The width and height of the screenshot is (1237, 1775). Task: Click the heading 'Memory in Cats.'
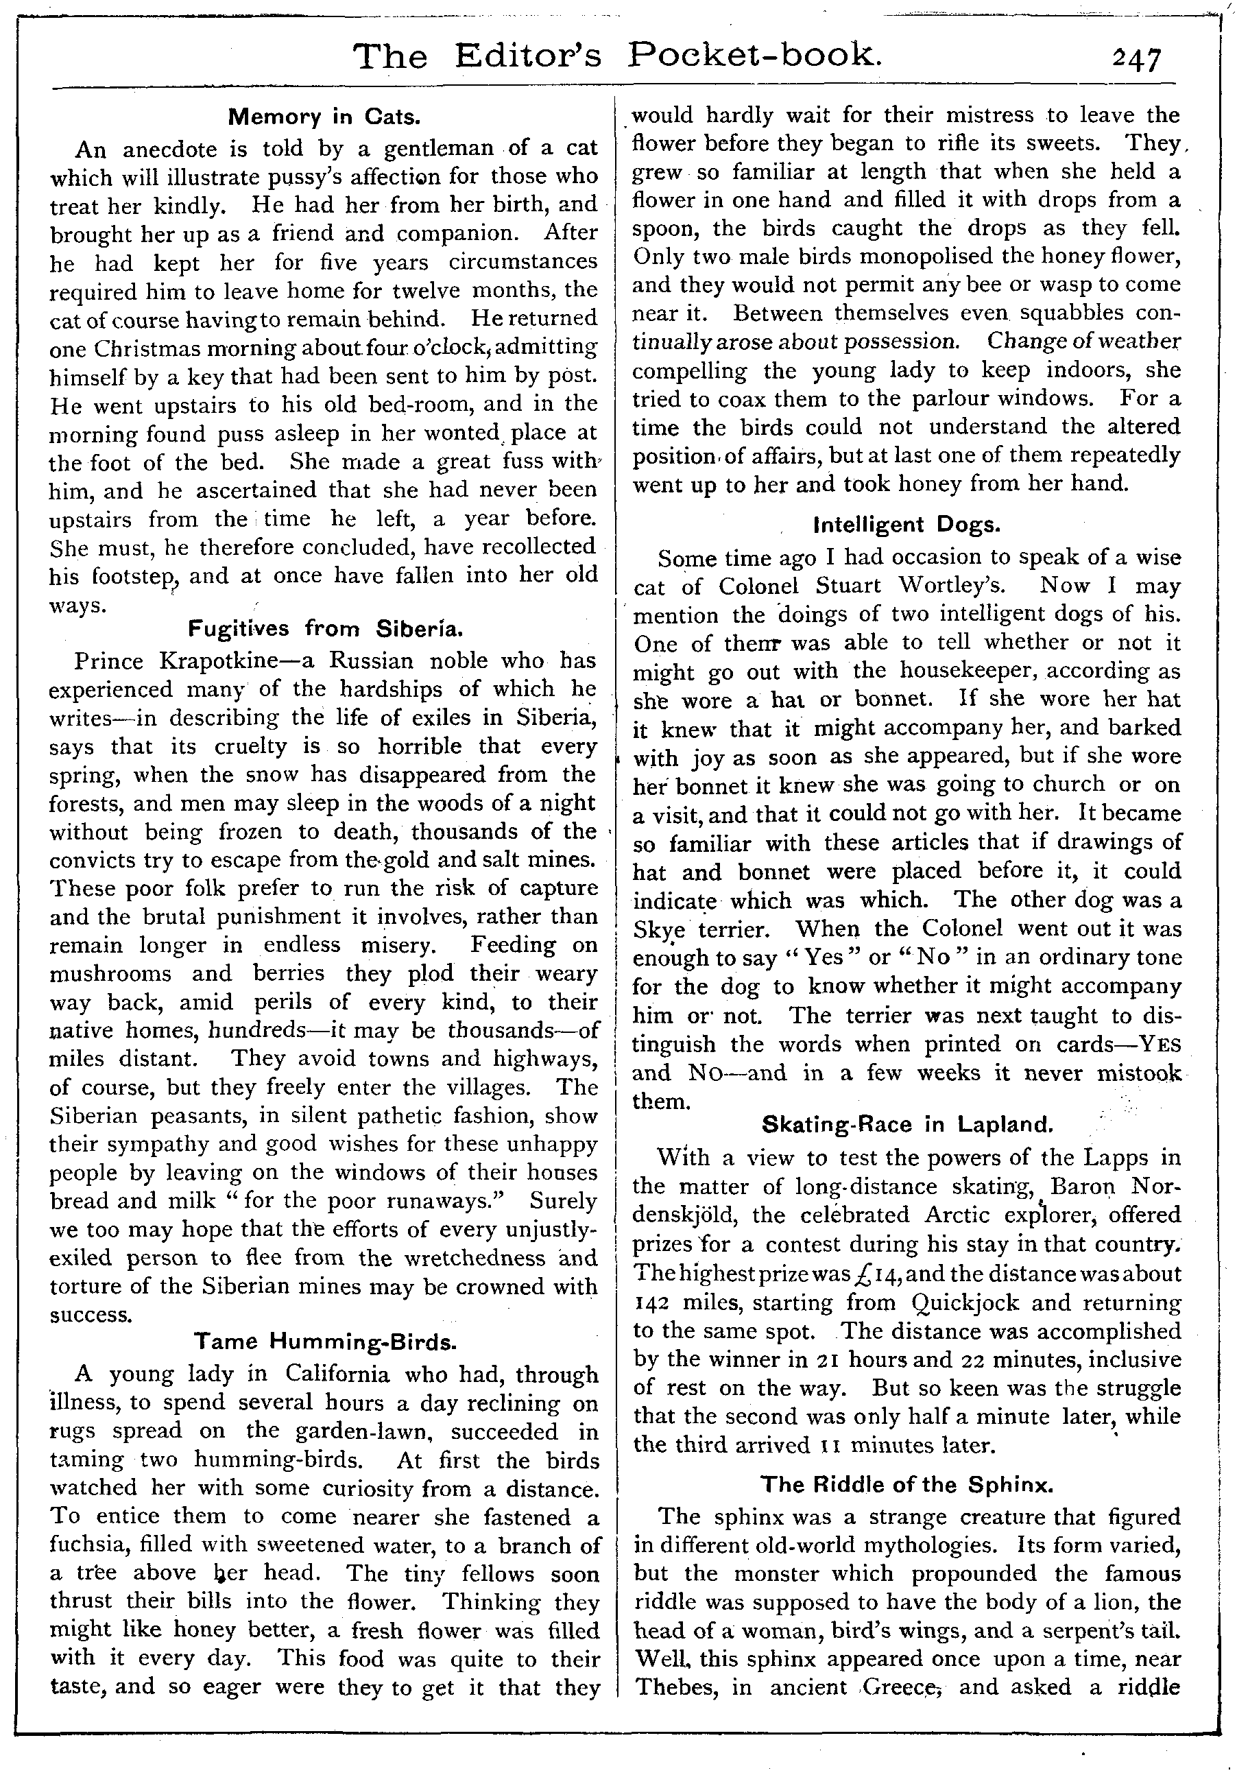pos(324,117)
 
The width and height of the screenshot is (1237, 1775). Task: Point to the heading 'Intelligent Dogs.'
pos(907,525)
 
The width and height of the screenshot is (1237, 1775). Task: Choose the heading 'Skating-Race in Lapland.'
pos(907,1124)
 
